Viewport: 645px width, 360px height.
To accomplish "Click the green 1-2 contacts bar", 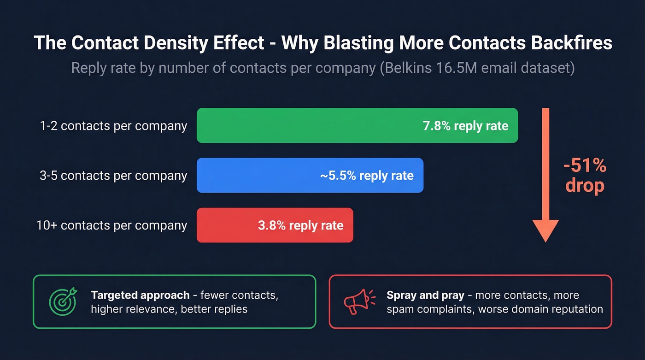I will (357, 125).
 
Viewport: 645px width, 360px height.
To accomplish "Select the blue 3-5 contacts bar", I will (310, 175).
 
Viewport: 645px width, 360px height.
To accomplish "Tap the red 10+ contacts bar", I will (275, 225).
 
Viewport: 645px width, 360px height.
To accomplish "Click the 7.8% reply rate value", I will (465, 126).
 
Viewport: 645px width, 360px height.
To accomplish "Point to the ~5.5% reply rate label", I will (367, 176).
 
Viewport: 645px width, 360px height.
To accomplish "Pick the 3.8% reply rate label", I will (300, 225).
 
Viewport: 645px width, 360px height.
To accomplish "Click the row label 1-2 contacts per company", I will (113, 126).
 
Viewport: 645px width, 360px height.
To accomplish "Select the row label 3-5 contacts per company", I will (113, 176).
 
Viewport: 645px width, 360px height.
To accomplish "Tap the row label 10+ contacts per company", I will (112, 225).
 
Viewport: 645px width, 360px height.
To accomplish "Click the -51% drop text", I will (585, 176).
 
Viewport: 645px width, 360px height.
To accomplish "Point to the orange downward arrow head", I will (545, 230).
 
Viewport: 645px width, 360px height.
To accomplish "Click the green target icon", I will (62, 301).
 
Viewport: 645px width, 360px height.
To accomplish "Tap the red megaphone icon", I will (358, 301).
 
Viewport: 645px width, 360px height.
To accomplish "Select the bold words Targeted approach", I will (140, 295).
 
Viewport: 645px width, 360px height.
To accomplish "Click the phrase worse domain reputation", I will (540, 309).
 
